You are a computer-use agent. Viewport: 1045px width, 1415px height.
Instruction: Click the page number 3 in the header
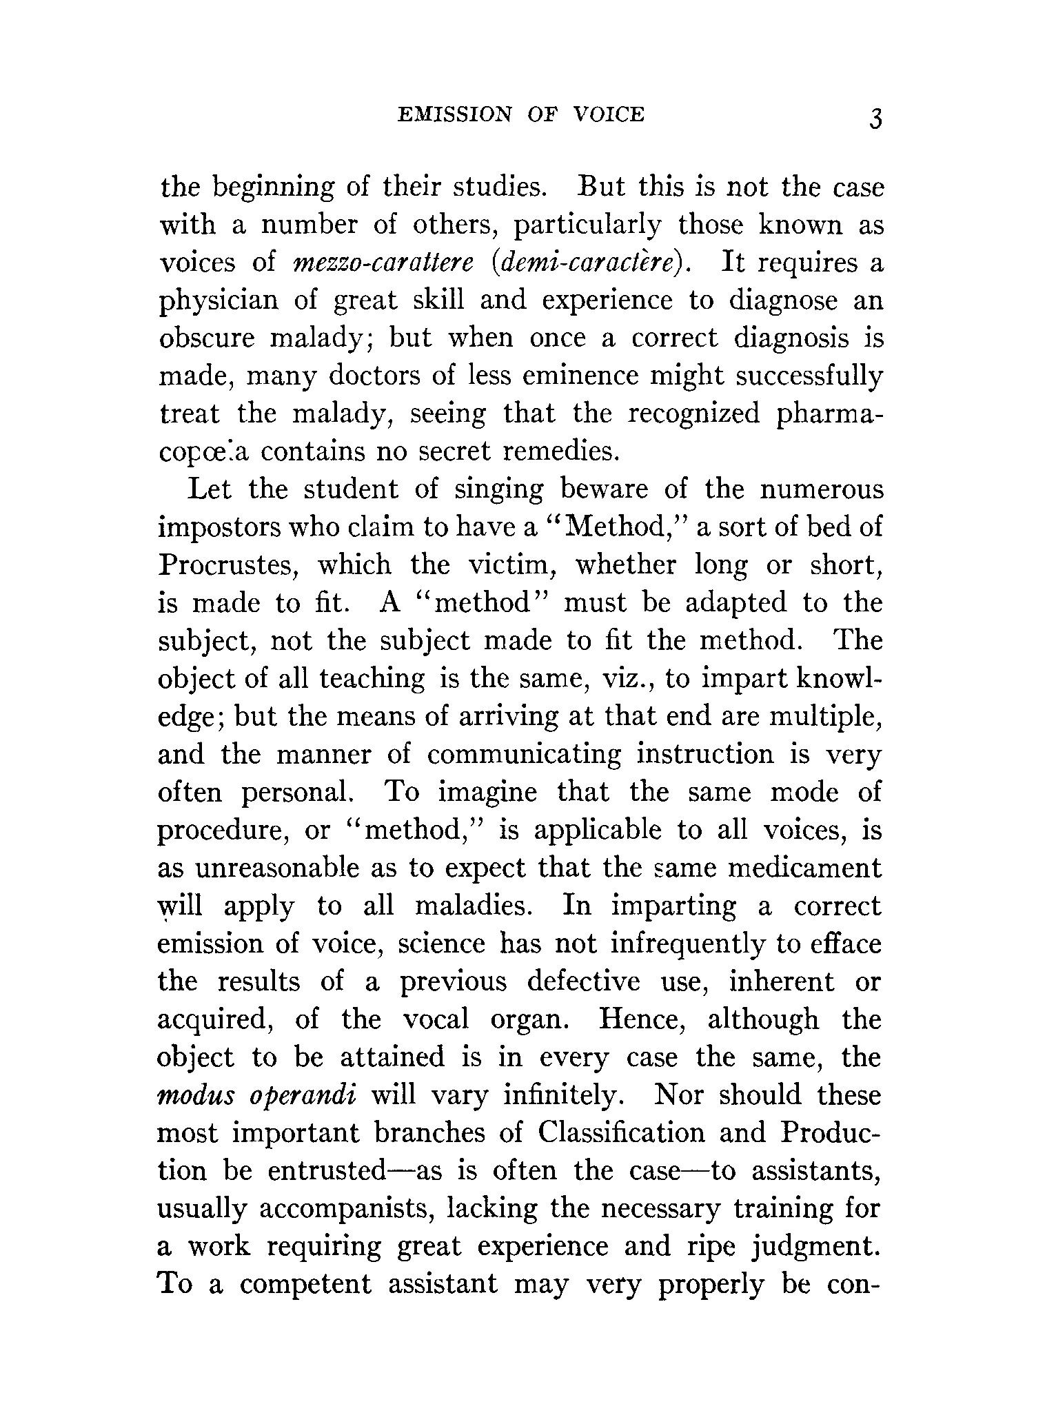coord(875,119)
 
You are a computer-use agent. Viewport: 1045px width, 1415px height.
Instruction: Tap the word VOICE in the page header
coord(609,114)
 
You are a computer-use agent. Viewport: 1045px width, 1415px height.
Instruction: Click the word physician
coord(220,302)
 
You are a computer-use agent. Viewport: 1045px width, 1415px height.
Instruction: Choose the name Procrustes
coord(228,566)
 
